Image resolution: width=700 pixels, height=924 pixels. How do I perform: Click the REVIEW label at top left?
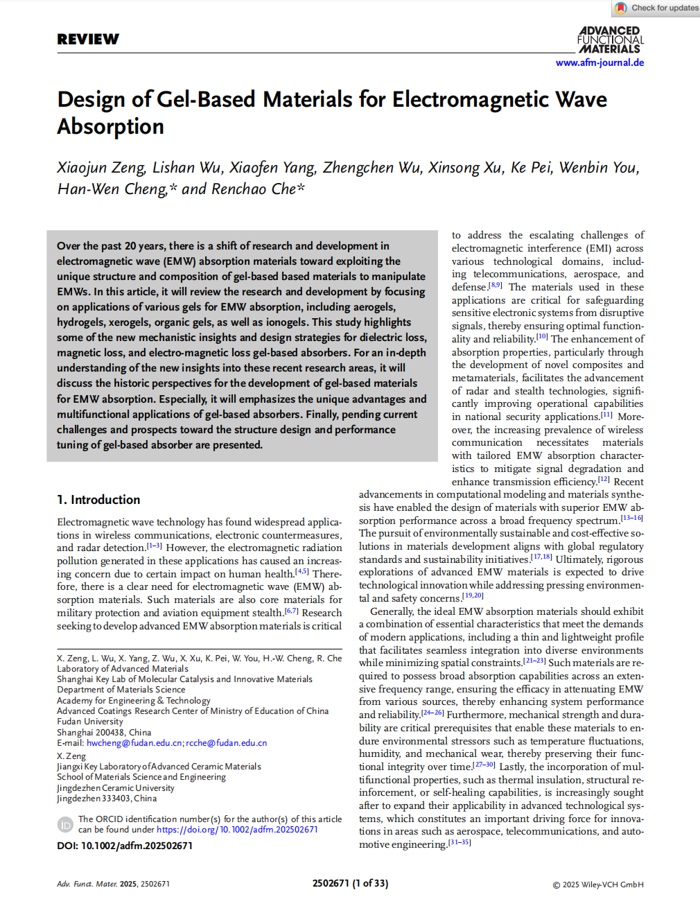coord(88,40)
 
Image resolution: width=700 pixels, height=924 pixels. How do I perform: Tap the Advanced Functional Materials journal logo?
coord(611,40)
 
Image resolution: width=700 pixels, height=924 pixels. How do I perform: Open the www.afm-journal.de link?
coord(600,62)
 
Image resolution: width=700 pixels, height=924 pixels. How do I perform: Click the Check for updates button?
coord(656,8)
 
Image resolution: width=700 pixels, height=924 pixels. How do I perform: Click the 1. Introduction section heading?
coord(98,500)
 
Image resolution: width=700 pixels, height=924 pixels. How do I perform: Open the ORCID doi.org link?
coord(237,830)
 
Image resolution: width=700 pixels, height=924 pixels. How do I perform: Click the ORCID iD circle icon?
coord(65,824)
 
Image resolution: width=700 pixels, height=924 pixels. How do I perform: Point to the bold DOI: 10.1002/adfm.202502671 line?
coord(125,846)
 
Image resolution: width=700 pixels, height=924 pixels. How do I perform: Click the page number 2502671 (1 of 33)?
coord(350,884)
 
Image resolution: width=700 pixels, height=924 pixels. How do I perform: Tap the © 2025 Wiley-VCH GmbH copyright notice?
coord(597,884)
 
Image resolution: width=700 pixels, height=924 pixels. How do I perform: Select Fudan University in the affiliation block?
coord(90,722)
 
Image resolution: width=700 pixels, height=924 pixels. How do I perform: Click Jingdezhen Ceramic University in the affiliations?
coord(116,788)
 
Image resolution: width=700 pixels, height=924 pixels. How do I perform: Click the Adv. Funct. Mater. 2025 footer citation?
coord(113,884)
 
